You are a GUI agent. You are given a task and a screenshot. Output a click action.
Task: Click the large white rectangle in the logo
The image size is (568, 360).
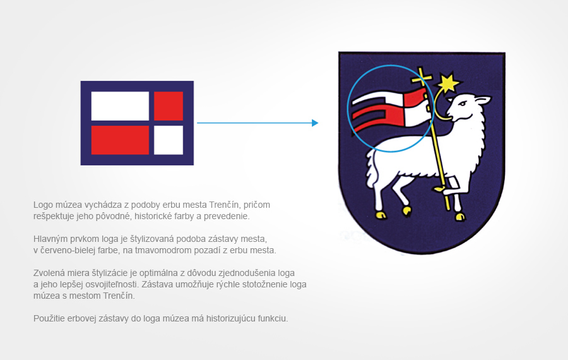[120, 105]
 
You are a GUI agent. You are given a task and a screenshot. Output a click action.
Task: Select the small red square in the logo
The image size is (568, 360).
[169, 105]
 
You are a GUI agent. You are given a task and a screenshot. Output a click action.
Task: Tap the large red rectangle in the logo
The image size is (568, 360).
[120, 140]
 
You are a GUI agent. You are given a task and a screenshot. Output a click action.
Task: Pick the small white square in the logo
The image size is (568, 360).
[169, 140]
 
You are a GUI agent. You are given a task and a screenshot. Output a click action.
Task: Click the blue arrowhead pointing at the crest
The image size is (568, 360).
[315, 123]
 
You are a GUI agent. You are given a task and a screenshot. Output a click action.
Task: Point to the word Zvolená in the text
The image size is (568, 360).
[49, 273]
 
